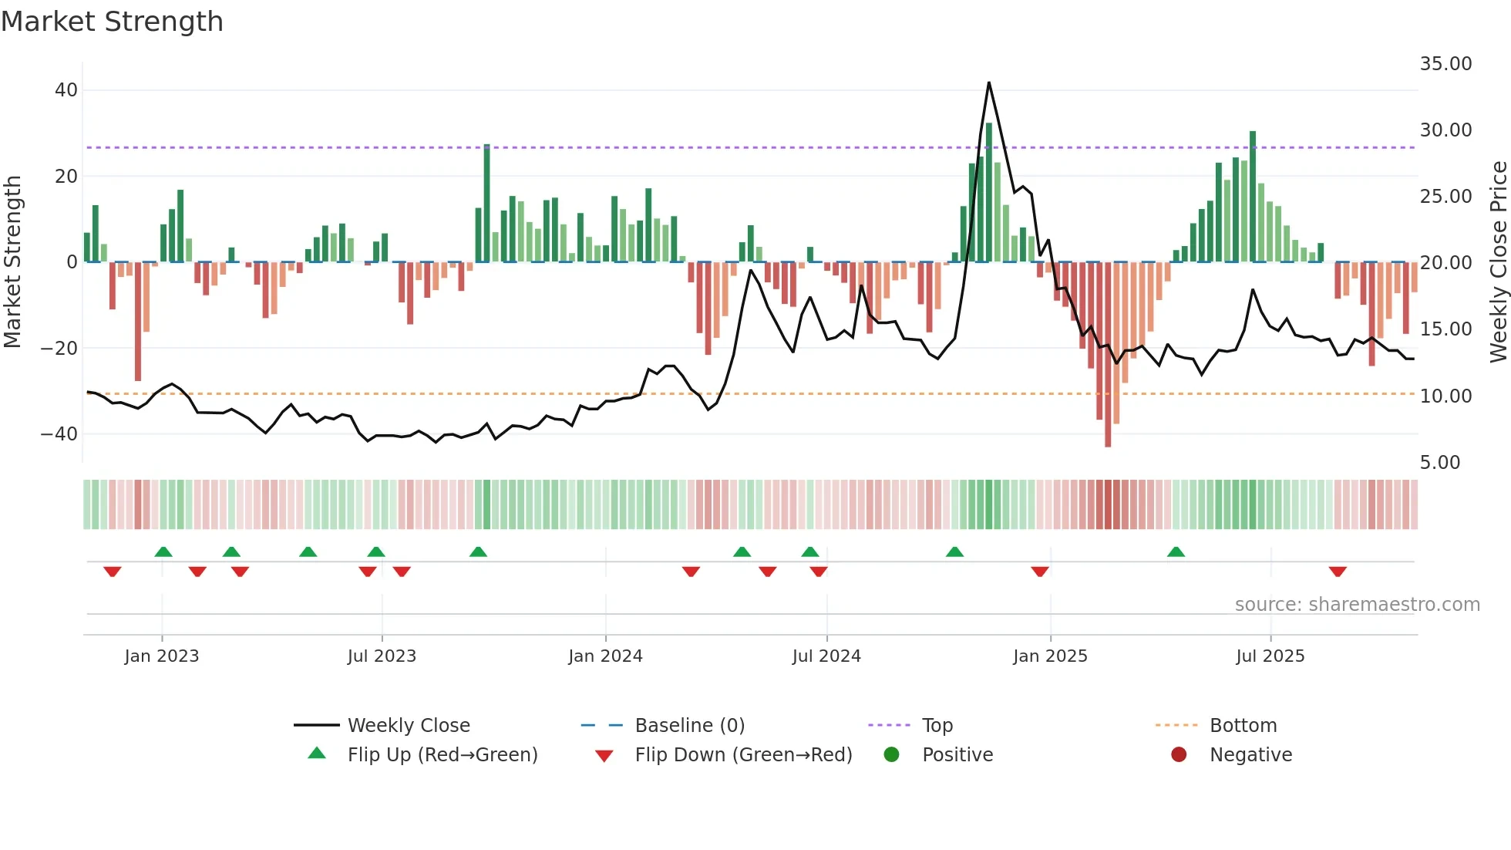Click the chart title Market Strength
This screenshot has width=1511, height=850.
pos(112,22)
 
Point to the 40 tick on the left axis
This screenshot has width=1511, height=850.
pos(66,90)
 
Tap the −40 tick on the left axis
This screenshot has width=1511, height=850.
pos(59,434)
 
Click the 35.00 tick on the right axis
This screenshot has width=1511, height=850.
pos(1445,64)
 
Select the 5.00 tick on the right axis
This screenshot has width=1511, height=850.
pos(1440,463)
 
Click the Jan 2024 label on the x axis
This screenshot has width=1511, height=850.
pos(605,656)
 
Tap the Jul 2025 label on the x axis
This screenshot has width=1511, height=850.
pos(1270,656)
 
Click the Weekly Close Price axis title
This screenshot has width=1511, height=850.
pos(1498,262)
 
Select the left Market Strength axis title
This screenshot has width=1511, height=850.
pos(13,262)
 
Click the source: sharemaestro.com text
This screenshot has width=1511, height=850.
pos(1357,605)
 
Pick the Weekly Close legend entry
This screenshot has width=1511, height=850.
pos(408,726)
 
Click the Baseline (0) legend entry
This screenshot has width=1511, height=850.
pos(689,726)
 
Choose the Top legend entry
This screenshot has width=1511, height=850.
pos(937,726)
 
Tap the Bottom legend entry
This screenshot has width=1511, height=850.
pos(1243,726)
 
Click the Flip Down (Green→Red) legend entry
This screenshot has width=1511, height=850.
pos(743,755)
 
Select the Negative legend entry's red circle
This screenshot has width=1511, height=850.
pos(1179,755)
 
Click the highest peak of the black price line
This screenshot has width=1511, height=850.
pos(988,83)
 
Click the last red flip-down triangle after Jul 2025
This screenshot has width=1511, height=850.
pos(1338,572)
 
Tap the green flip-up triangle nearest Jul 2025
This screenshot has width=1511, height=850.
pos(1176,551)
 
